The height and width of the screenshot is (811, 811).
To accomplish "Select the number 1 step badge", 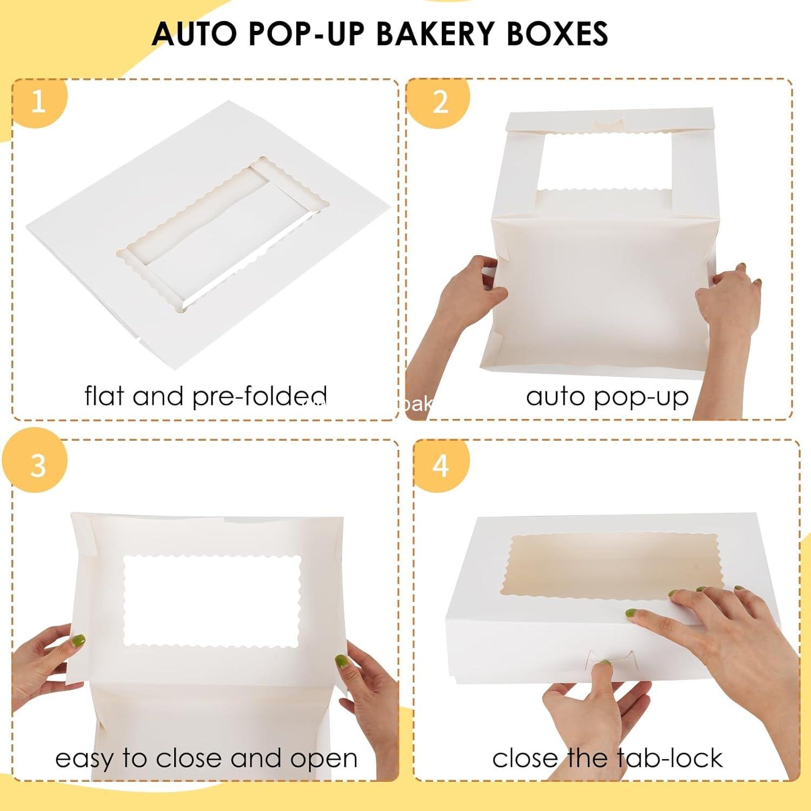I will pyautogui.click(x=38, y=101).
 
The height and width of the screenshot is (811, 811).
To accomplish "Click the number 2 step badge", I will pyautogui.click(x=440, y=101).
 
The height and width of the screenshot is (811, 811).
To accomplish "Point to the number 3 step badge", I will pyautogui.click(x=38, y=464).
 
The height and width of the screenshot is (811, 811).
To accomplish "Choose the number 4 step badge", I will pyautogui.click(x=441, y=464).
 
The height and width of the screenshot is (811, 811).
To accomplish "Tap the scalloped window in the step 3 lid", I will pyautogui.click(x=212, y=600).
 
